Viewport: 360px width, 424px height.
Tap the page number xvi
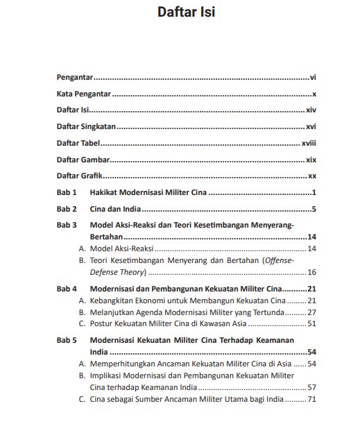(x=311, y=126)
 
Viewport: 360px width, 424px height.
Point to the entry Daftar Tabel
(x=78, y=143)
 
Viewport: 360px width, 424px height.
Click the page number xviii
(x=309, y=143)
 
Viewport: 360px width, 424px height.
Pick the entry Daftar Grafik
(x=80, y=176)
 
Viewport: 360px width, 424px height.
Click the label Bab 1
(x=67, y=192)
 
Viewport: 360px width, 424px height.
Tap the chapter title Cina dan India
(x=115, y=209)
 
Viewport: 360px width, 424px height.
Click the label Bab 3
(x=67, y=226)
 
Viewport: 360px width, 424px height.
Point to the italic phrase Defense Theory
(x=113, y=272)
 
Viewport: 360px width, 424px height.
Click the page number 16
(x=311, y=272)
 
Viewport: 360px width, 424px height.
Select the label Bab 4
(x=67, y=289)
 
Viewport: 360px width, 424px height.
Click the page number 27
(x=311, y=312)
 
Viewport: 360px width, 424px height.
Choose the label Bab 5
(x=67, y=341)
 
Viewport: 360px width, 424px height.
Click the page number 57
(x=311, y=387)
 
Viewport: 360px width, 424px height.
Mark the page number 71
(x=311, y=399)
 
